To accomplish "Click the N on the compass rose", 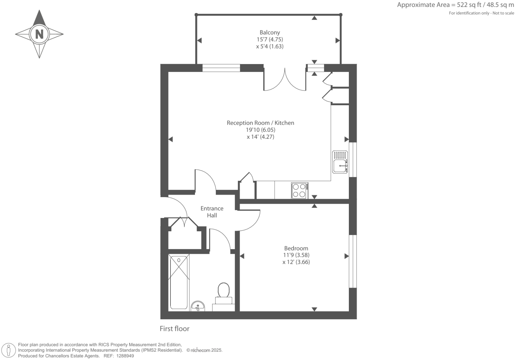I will click(39, 34).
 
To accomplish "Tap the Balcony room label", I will click(270, 33).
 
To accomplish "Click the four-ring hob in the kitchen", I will click(299, 190).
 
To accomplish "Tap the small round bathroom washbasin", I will click(198, 306).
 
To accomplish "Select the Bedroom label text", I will click(296, 248).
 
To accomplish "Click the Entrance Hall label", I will click(212, 212).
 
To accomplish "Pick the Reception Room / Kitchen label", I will click(260, 123).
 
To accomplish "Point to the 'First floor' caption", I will click(174, 328).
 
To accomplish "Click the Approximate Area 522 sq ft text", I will click(455, 5).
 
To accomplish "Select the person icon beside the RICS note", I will click(9, 350).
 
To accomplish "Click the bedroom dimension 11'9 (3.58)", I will click(296, 255).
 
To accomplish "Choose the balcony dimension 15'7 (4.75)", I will click(270, 39).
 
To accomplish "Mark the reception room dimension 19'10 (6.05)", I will click(260, 130).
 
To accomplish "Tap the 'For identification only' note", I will click(481, 13).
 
